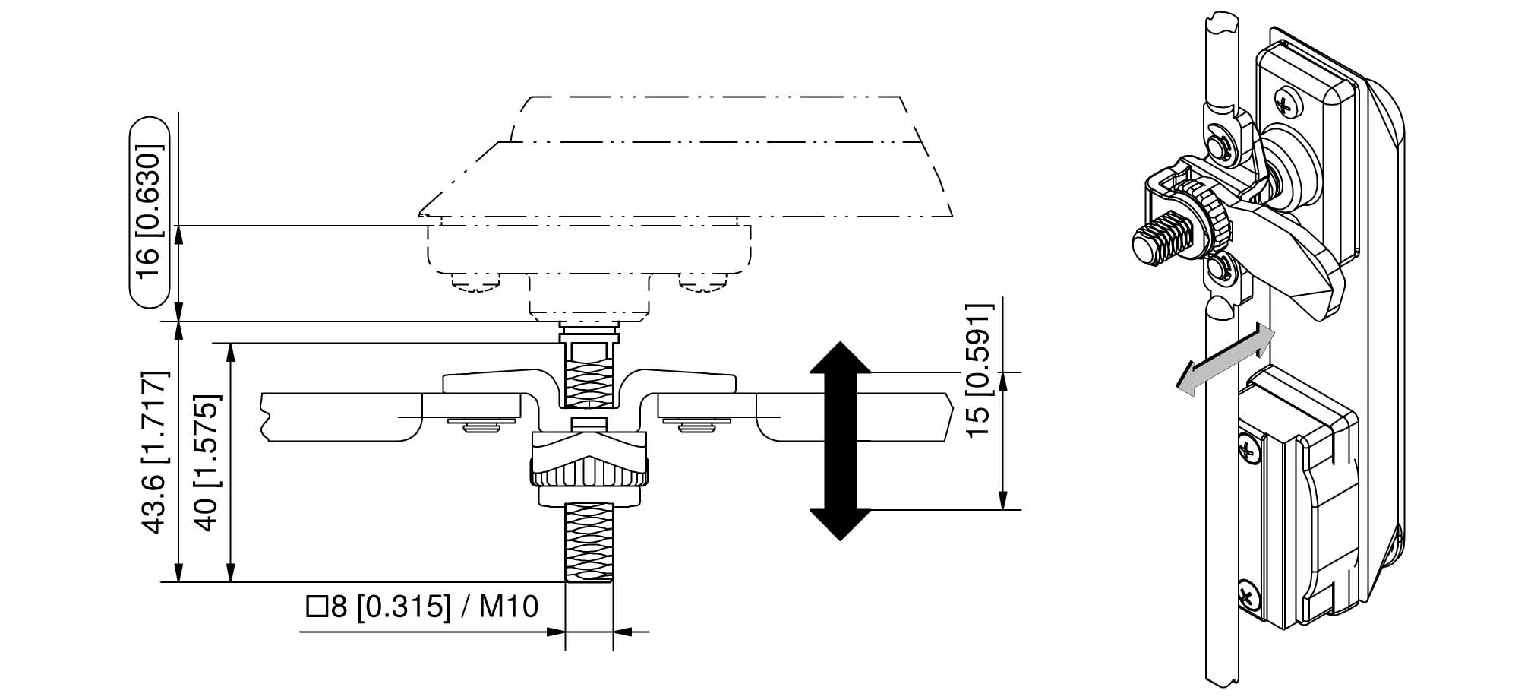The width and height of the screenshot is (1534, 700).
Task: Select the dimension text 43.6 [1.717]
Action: (154, 452)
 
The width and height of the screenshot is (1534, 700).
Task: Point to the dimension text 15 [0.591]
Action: (979, 369)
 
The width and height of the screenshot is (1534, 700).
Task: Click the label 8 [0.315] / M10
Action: (433, 607)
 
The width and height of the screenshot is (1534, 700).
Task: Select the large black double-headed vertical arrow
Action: (840, 441)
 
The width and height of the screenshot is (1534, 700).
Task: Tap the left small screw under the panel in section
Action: (478, 425)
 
